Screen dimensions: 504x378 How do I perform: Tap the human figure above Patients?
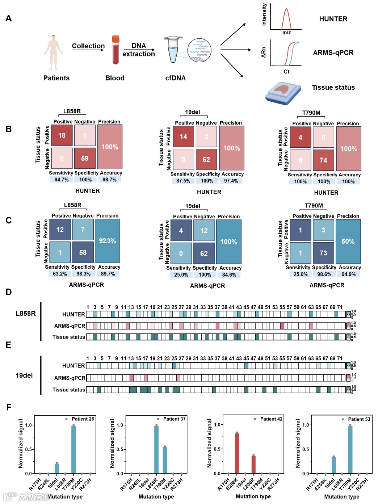click(x=54, y=52)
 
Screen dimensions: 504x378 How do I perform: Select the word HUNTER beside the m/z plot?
click(x=333, y=19)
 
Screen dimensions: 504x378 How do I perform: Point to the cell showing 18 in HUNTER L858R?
click(x=62, y=135)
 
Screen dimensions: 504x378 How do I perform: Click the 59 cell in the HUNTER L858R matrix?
click(x=85, y=158)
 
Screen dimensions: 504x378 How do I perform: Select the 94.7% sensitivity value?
click(x=62, y=180)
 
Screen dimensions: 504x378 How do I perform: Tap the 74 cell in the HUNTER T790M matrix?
click(x=323, y=160)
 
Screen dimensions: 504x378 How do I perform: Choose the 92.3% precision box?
click(x=107, y=241)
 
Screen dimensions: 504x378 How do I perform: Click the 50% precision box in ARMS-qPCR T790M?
click(x=348, y=241)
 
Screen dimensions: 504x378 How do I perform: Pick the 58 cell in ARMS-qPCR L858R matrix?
click(x=83, y=252)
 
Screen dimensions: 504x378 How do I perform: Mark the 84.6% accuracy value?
click(x=229, y=275)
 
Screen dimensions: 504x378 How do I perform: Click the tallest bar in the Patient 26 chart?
click(x=73, y=449)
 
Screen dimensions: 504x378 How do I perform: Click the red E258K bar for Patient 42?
click(x=237, y=453)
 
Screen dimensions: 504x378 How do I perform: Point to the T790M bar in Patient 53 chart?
click(x=350, y=449)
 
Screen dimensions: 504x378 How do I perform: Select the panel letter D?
click(x=9, y=292)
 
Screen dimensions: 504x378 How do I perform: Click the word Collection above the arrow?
click(x=88, y=46)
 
